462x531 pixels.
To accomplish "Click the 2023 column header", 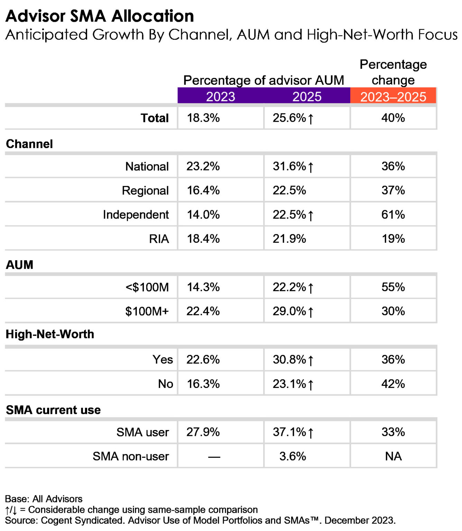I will [x=221, y=96].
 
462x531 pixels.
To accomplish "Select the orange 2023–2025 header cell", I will [x=393, y=96].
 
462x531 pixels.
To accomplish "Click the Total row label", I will [x=155, y=118].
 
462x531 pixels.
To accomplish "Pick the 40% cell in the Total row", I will [x=393, y=118].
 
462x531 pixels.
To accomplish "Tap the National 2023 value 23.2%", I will [x=203, y=166].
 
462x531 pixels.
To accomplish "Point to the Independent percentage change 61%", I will [x=393, y=215].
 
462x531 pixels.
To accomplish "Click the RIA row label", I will [x=159, y=239].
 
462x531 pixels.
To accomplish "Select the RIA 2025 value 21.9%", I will [x=289, y=239].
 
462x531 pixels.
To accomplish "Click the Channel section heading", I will [x=29, y=144].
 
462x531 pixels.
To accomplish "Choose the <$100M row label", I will [x=147, y=287].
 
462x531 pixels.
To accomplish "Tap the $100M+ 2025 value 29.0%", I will [x=289, y=311].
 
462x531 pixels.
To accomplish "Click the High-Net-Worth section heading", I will [x=50, y=334].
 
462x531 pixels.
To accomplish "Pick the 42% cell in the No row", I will [x=393, y=384].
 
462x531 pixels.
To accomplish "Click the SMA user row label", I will [x=142, y=432].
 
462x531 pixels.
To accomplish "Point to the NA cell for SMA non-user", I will [x=393, y=456].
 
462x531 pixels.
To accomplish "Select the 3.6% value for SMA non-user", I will [x=293, y=456].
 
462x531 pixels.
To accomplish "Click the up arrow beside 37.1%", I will [x=311, y=433].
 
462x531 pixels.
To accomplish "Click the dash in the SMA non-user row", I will [x=214, y=457].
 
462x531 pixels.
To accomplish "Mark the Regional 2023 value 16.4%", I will [x=203, y=190].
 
